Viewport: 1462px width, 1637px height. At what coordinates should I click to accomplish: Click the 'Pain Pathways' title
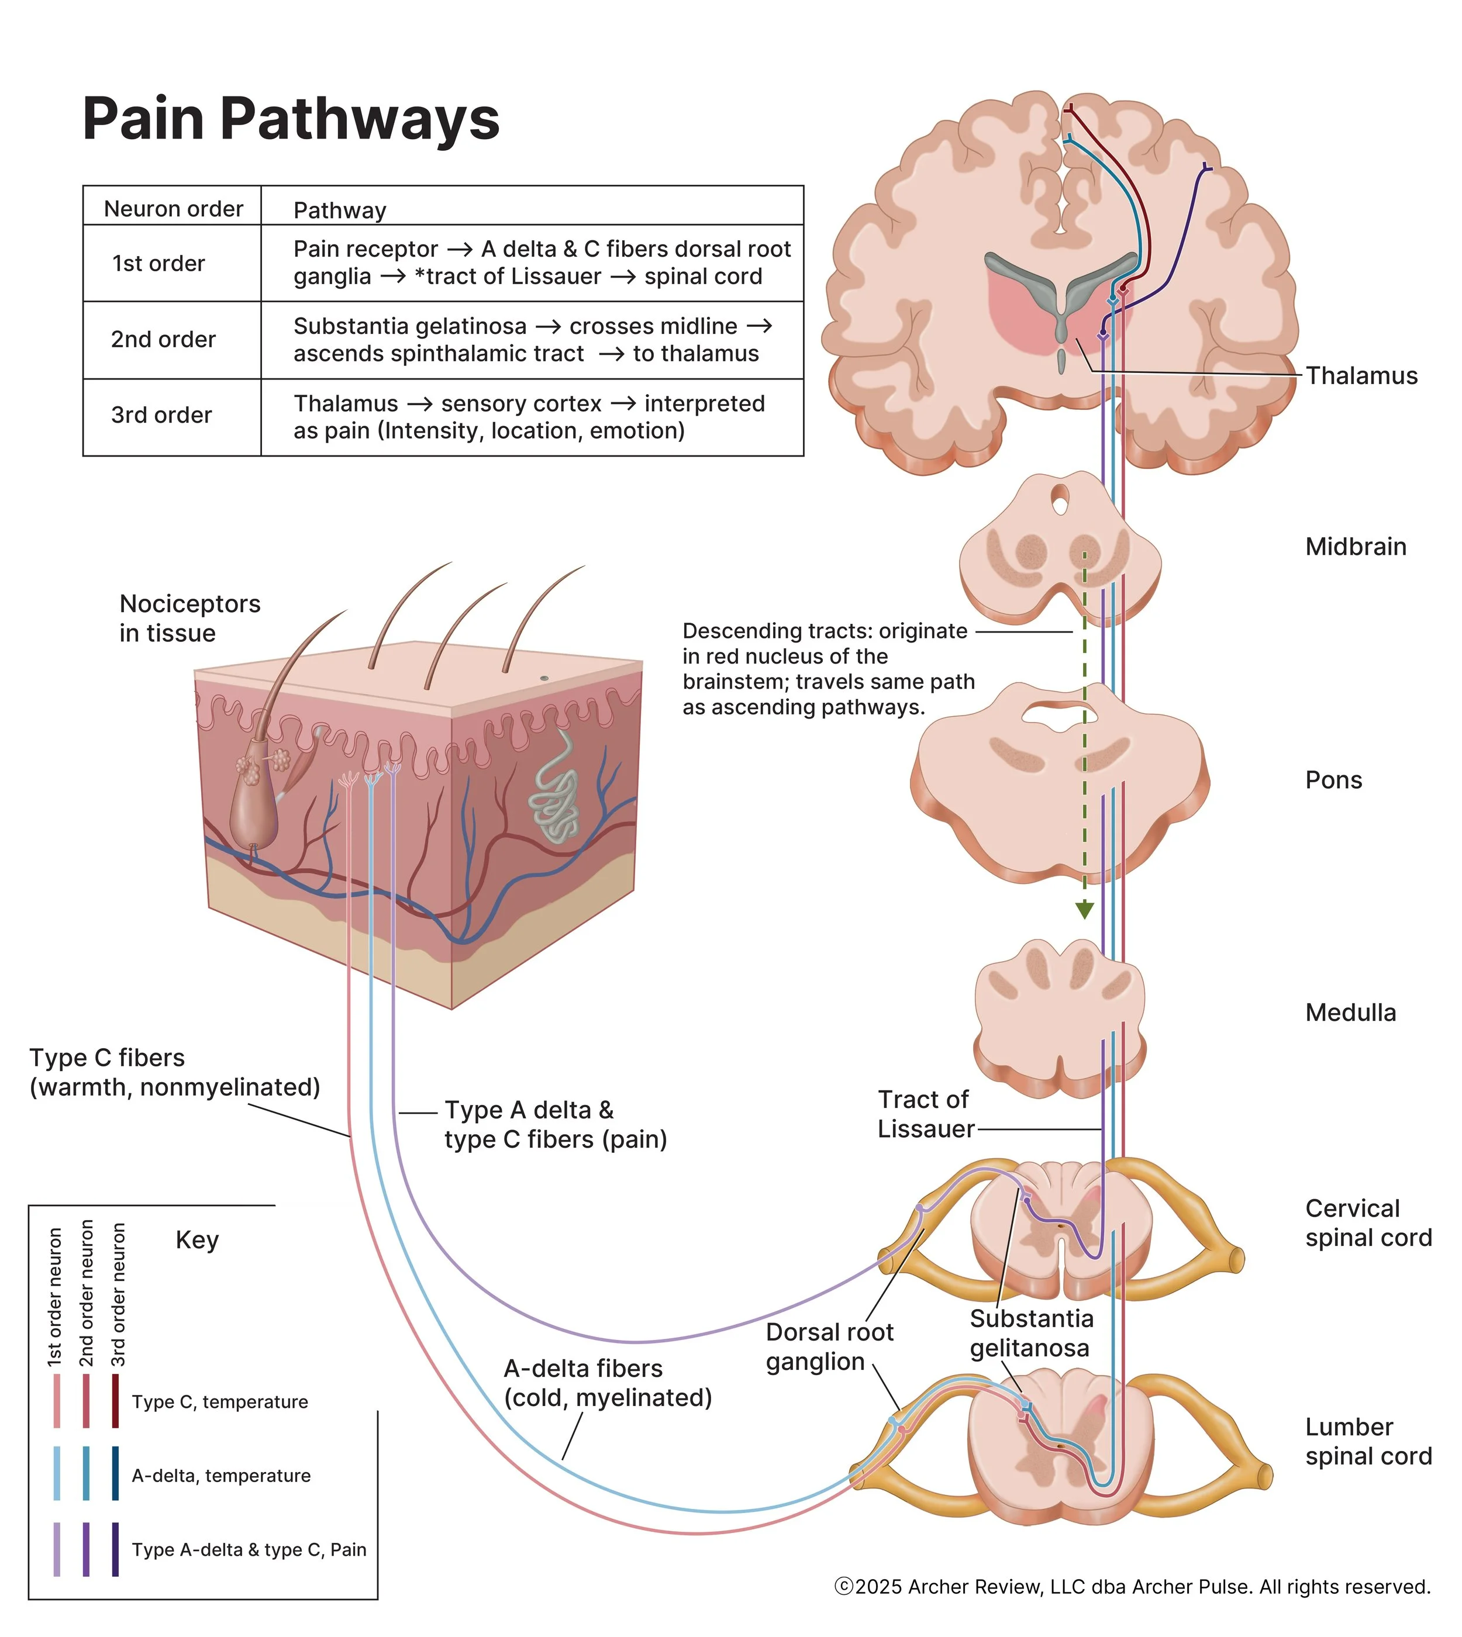(291, 119)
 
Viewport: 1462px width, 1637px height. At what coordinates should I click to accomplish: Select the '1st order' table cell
(158, 264)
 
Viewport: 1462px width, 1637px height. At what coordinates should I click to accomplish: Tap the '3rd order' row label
(161, 415)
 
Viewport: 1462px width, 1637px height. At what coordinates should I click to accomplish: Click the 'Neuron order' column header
(174, 209)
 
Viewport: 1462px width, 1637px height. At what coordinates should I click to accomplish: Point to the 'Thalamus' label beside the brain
(1361, 376)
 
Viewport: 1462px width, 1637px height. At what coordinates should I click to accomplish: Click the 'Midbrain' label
(1355, 547)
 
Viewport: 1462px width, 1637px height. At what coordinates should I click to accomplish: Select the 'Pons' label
(1333, 780)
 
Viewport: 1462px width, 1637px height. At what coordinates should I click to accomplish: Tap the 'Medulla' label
(1350, 1012)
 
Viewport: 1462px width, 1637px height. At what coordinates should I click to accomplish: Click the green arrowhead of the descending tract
(1084, 910)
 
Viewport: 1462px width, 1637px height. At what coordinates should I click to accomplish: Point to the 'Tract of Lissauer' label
(925, 1114)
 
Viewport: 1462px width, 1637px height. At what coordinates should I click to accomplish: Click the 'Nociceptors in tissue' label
(189, 619)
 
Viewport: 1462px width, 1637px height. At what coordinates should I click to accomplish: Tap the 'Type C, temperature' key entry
(219, 1401)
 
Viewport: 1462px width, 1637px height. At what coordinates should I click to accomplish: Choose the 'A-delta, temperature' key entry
(221, 1476)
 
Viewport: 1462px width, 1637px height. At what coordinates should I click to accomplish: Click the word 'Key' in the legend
(197, 1240)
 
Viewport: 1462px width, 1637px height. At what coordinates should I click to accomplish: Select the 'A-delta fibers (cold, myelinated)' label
(607, 1383)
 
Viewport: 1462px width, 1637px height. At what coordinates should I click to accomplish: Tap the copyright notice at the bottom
(1133, 1587)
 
